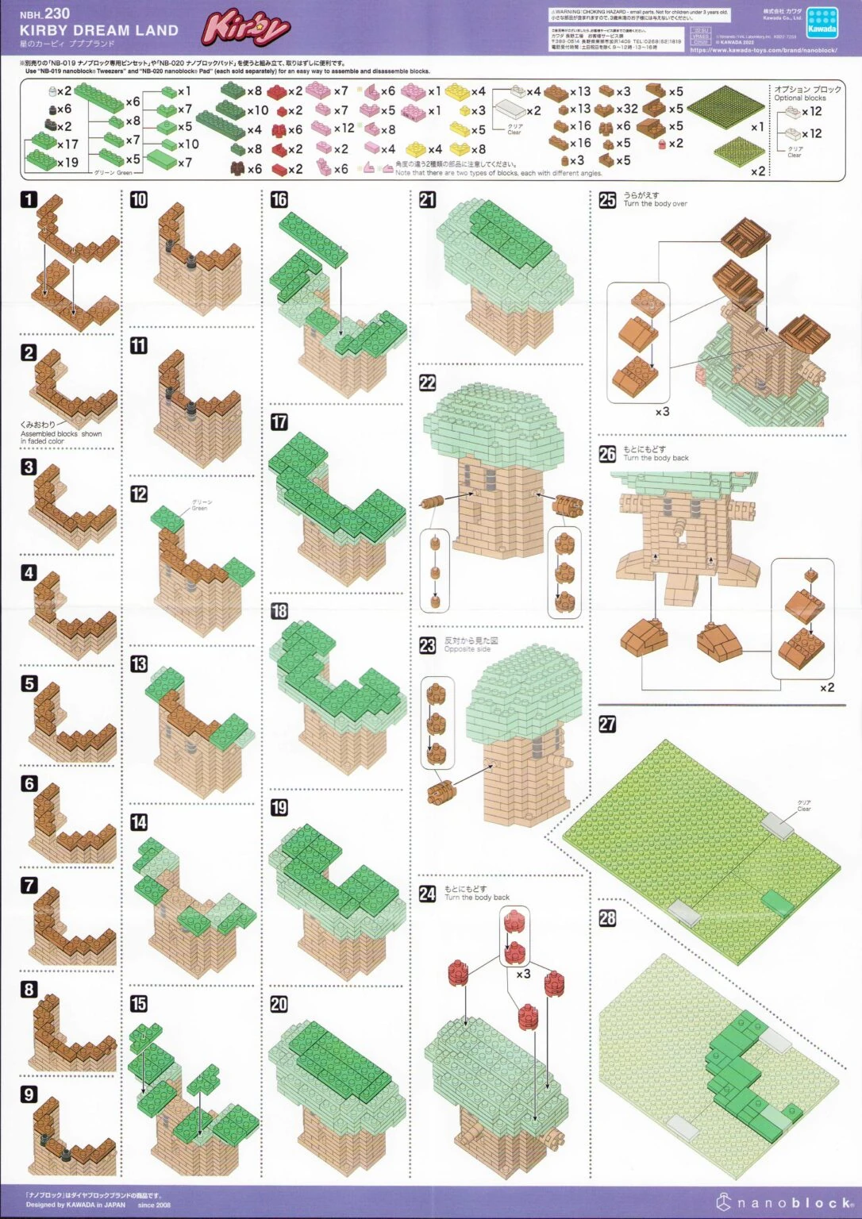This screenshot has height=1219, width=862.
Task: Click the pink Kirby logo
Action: [x=245, y=29]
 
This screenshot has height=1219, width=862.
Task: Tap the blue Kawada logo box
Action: [x=822, y=23]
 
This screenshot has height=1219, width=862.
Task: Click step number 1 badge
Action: [x=29, y=199]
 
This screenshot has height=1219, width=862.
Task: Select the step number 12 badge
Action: [x=139, y=494]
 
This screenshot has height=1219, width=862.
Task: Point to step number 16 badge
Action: [x=279, y=199]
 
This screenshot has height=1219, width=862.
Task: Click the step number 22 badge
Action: [x=427, y=383]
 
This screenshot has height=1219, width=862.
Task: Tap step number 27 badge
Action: [x=607, y=724]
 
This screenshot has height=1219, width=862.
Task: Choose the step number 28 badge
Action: [x=607, y=918]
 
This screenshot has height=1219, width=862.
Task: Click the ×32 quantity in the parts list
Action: [x=627, y=109]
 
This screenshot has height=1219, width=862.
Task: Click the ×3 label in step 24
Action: [x=523, y=973]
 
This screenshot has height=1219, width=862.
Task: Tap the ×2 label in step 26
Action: [x=827, y=687]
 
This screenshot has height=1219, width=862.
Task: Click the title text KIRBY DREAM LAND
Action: [x=99, y=30]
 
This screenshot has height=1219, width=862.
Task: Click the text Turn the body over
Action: [x=655, y=204]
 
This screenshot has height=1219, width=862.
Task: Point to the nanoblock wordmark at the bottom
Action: [x=794, y=1203]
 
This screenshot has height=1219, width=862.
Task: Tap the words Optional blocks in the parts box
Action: [x=800, y=98]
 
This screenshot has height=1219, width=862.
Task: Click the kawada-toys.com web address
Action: [x=764, y=50]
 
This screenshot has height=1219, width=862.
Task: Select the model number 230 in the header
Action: [x=57, y=13]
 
